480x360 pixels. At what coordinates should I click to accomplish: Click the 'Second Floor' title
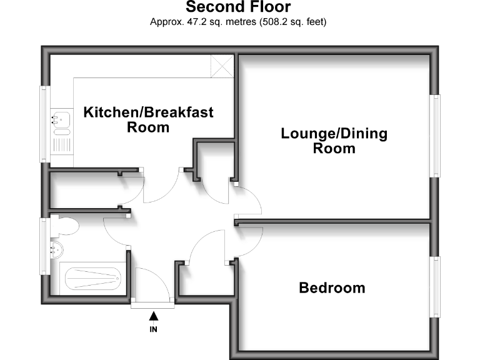click(238, 7)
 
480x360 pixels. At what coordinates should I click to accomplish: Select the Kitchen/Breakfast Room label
click(148, 120)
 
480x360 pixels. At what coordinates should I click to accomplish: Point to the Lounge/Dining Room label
click(334, 141)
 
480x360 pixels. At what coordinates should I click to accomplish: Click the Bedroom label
click(332, 287)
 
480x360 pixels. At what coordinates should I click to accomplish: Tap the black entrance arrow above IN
click(154, 316)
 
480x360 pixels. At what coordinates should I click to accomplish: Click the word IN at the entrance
click(153, 329)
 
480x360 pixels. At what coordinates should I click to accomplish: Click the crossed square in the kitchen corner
click(222, 66)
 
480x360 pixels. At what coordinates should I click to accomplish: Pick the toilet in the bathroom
click(64, 226)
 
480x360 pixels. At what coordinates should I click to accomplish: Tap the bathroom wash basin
click(56, 249)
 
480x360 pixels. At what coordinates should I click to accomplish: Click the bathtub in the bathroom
click(92, 279)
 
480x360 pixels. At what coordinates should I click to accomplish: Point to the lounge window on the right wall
click(435, 136)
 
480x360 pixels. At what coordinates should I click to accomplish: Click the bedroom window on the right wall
click(435, 287)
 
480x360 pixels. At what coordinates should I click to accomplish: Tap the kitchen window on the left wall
click(45, 124)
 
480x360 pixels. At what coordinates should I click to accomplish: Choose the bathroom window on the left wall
click(45, 246)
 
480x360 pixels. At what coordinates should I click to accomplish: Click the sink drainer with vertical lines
click(62, 145)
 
